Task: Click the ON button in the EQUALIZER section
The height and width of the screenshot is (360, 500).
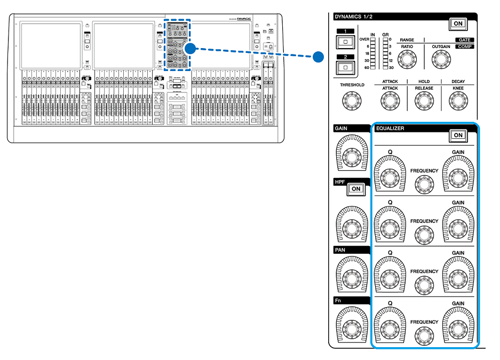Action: (457, 135)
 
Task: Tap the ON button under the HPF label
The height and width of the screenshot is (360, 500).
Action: (355, 189)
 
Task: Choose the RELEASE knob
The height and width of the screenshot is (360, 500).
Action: (424, 99)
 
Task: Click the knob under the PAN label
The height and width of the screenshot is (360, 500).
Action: (351, 277)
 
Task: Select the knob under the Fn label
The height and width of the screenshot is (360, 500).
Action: (351, 327)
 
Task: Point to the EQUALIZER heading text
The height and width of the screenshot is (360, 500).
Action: (390, 129)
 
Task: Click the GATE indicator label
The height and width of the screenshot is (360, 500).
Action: (464, 40)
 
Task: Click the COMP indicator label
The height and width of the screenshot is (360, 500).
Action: (464, 47)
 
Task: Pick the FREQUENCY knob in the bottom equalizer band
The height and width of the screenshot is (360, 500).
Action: (424, 335)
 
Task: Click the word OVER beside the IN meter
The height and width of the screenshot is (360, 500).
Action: (364, 40)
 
